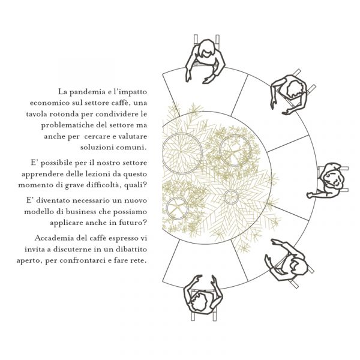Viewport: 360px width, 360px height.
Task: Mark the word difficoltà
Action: click(104, 185)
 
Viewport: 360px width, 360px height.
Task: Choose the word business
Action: click(80, 211)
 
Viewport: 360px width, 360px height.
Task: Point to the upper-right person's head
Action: click(295, 89)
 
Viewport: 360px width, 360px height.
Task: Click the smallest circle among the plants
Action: click(231, 197)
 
